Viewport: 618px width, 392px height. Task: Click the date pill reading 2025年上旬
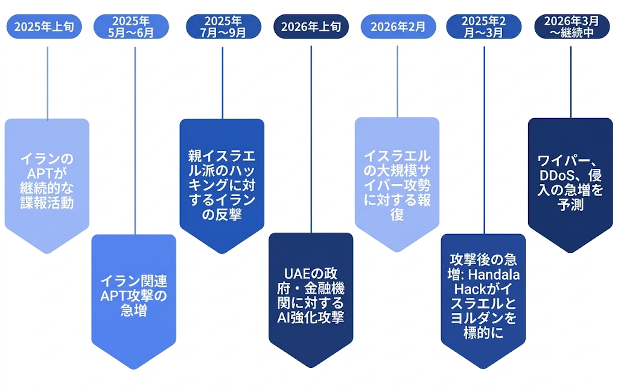[x=43, y=27]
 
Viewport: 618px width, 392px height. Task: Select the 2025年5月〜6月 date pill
[x=131, y=27]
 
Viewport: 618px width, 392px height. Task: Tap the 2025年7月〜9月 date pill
[x=223, y=27]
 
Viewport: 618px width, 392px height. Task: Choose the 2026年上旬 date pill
[x=311, y=27]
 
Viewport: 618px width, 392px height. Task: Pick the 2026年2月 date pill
[x=398, y=27]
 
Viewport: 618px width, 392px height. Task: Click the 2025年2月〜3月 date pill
[x=483, y=27]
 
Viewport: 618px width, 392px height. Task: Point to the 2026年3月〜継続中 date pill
[x=572, y=27]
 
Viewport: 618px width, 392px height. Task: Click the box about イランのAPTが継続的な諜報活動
[x=47, y=181]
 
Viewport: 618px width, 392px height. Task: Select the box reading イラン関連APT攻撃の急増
[x=134, y=296]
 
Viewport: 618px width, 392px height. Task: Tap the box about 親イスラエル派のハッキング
[x=221, y=181]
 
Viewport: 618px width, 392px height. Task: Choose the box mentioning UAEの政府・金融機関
[x=311, y=296]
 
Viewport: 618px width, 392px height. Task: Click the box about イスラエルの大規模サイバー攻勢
[x=397, y=181]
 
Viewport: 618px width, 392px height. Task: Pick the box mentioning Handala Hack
[x=483, y=296]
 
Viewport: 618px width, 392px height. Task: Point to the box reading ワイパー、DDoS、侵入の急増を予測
[x=570, y=181]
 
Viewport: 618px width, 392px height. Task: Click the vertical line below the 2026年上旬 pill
[x=311, y=139]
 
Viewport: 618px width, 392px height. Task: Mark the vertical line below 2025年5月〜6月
[x=135, y=139]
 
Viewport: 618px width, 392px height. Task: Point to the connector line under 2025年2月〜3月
[x=484, y=139]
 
